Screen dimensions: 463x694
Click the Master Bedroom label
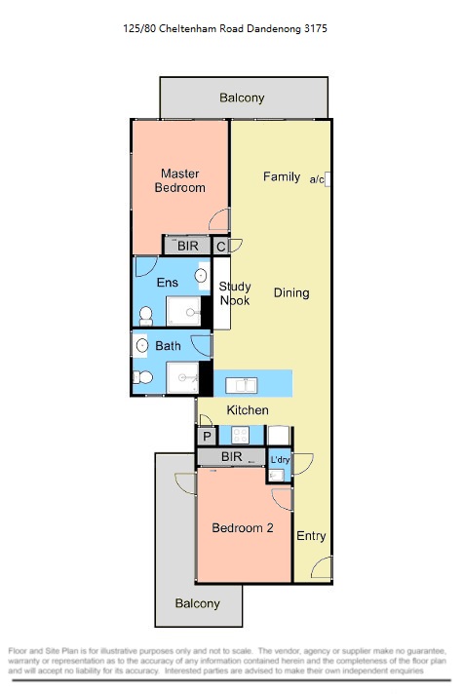[x=179, y=180]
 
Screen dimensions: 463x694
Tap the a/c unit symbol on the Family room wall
[x=328, y=179]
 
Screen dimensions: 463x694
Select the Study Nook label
[x=235, y=293]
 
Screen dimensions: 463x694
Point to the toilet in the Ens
[x=145, y=316]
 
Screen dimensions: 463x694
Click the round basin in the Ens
[x=201, y=275]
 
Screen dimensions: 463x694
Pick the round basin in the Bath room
[x=142, y=345]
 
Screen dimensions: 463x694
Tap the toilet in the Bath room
[x=143, y=377]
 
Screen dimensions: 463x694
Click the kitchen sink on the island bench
[x=241, y=385]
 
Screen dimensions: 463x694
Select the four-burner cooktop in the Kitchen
[x=241, y=435]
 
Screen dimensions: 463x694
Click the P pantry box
[x=207, y=437]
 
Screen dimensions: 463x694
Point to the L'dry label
[x=280, y=460]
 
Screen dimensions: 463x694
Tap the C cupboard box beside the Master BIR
[x=221, y=247]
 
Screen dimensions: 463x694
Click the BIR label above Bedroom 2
[x=232, y=456]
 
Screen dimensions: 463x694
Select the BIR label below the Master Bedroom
[x=188, y=246]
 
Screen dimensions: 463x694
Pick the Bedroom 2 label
[x=242, y=527]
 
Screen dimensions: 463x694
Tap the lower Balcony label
[x=198, y=603]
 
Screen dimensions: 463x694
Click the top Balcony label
[x=242, y=97]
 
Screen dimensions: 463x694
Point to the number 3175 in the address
[x=316, y=29]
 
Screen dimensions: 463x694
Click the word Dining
[x=291, y=293]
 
